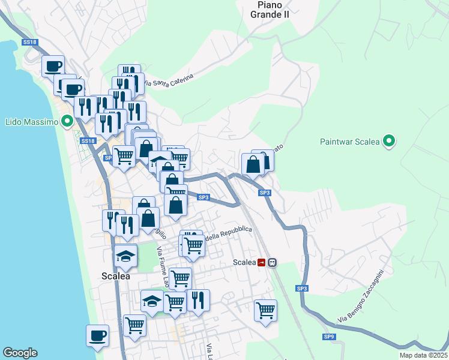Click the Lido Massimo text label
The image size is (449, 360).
[x=31, y=122]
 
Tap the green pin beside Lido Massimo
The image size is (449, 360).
[x=67, y=121]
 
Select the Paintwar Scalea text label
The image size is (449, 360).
[x=349, y=142]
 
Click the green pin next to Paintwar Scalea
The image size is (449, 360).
[x=389, y=142]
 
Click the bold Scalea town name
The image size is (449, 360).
[x=112, y=275]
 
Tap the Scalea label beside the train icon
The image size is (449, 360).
[x=244, y=262]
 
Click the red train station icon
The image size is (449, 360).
[x=262, y=262]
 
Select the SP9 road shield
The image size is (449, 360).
[x=329, y=337]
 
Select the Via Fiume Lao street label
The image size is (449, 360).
[x=163, y=266]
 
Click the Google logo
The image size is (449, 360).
[x=20, y=353]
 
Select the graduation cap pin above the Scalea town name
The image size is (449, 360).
[x=125, y=256]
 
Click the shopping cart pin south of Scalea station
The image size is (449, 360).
[x=265, y=310]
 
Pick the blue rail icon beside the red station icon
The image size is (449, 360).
[x=272, y=262]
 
